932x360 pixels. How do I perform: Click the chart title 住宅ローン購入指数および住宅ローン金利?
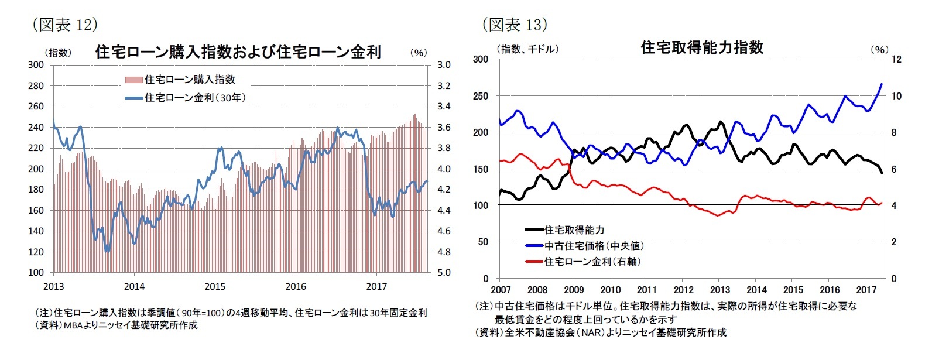pyautogui.click(x=238, y=52)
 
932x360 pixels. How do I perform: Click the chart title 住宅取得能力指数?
pyautogui.click(x=702, y=47)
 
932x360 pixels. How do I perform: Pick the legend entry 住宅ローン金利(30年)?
pyautogui.click(x=195, y=98)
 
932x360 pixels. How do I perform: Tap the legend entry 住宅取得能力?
pyautogui.click(x=574, y=230)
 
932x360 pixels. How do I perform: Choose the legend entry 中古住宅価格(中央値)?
pyautogui.click(x=594, y=246)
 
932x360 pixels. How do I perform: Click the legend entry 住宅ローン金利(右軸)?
pyautogui.click(x=592, y=262)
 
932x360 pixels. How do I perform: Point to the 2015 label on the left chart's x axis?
pyautogui.click(x=215, y=287)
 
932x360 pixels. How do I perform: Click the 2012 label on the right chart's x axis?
pyautogui.click(x=683, y=290)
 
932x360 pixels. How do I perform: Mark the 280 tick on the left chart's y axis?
pyautogui.click(x=36, y=86)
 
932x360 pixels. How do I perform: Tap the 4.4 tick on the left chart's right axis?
pyautogui.click(x=444, y=211)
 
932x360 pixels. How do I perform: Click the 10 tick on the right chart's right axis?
pyautogui.click(x=896, y=96)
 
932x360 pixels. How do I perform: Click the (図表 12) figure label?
pyautogui.click(x=64, y=25)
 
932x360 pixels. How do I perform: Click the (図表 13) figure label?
pyautogui.click(x=515, y=25)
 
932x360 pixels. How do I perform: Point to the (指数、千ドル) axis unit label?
pyautogui.click(x=527, y=49)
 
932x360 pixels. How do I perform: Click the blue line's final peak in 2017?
pyautogui.click(x=882, y=84)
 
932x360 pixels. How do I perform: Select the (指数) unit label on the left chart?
pyautogui.click(x=58, y=53)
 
